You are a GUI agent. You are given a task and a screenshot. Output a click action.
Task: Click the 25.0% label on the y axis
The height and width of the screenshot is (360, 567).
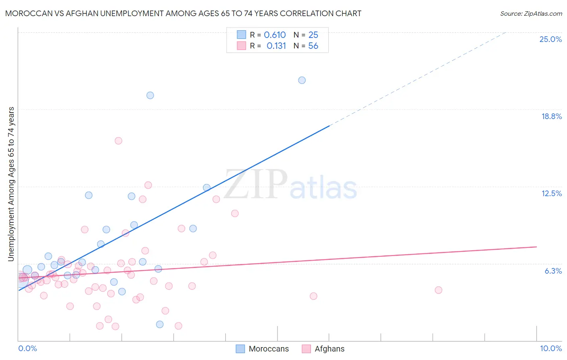[550, 39]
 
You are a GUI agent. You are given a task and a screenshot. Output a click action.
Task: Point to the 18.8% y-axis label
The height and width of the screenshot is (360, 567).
[551, 116]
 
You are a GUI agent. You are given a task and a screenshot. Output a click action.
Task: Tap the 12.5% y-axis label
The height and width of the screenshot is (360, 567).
[551, 193]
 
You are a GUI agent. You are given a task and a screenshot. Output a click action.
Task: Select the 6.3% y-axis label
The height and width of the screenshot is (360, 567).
[553, 271]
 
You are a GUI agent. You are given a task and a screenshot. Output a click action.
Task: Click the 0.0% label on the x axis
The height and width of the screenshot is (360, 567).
[27, 348]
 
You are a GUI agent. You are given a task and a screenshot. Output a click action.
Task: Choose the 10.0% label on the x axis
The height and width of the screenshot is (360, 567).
[550, 348]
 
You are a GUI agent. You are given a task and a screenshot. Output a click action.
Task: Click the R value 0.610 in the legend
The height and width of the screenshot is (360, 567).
[275, 35]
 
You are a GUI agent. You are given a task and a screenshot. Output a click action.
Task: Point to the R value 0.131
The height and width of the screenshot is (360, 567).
[276, 46]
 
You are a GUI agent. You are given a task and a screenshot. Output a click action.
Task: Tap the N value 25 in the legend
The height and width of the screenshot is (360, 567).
[313, 35]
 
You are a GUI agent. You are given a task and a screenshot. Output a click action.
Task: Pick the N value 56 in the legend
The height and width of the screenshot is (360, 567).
[313, 46]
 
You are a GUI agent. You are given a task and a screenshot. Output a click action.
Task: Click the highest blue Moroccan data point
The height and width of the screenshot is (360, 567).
[302, 80]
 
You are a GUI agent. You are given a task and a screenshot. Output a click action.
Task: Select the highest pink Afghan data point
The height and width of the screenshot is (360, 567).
[118, 141]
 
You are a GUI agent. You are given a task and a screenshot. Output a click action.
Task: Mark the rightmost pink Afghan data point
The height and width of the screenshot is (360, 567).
[438, 290]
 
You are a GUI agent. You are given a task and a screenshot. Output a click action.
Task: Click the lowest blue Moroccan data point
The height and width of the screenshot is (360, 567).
[160, 324]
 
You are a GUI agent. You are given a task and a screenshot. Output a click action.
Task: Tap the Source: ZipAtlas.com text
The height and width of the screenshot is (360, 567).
[531, 13]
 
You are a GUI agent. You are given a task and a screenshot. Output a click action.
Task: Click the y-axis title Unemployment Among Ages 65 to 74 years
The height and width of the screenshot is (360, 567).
[11, 184]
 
